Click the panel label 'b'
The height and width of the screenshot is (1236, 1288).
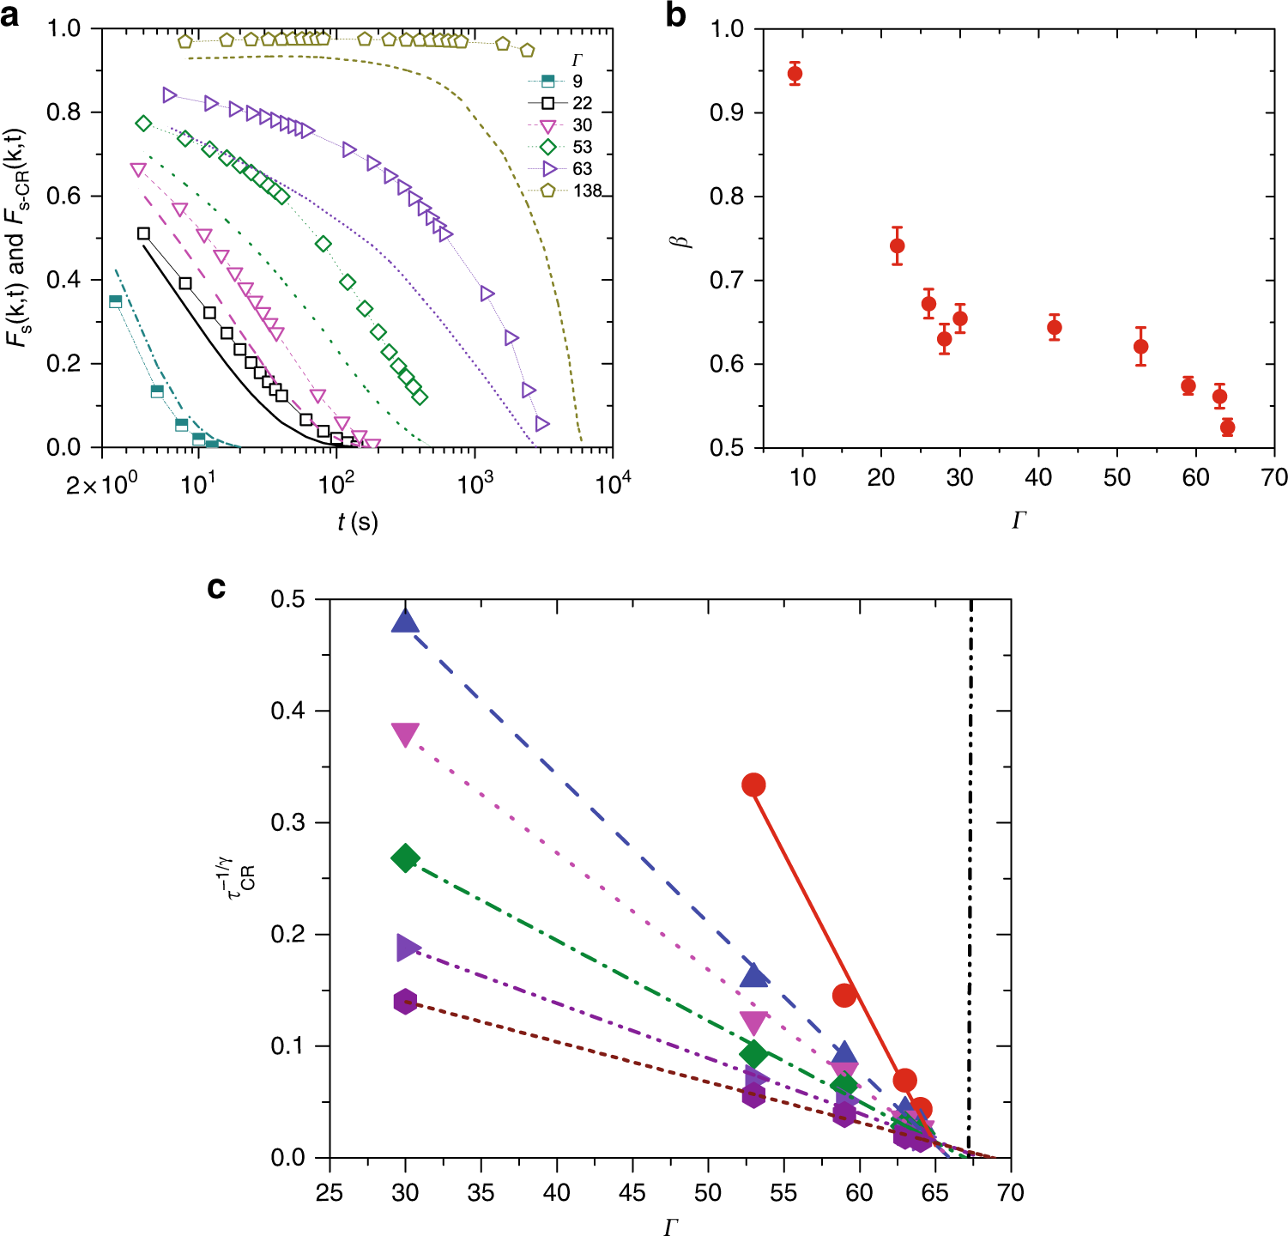point(675,15)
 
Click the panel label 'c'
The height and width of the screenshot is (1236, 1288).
point(217,588)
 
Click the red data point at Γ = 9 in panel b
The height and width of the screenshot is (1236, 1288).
point(795,74)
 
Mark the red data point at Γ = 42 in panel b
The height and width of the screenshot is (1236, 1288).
point(1055,327)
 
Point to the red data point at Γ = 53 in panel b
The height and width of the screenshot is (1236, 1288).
point(1140,347)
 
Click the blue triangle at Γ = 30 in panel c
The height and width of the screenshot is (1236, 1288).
point(405,621)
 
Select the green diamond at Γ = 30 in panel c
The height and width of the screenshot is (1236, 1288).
point(405,857)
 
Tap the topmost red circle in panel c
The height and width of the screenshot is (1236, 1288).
point(753,785)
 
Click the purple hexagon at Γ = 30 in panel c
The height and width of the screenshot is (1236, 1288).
point(405,1002)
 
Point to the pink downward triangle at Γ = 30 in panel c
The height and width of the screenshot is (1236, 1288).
point(405,735)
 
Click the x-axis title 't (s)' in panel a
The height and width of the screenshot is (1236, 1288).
point(357,521)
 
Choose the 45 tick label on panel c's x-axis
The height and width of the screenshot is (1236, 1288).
point(632,1193)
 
